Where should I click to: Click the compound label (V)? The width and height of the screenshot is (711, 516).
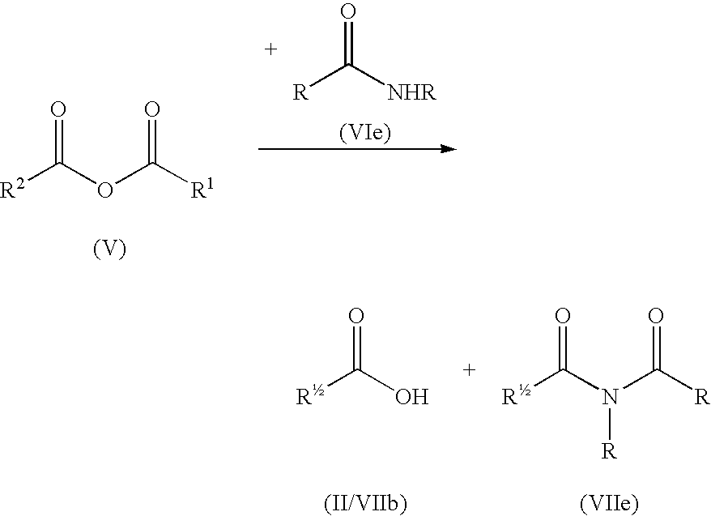pyautogui.click(x=109, y=249)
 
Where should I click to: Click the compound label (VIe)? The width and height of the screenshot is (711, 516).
pyautogui.click(x=365, y=133)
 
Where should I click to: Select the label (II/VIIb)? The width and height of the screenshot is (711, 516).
pyautogui.click(x=365, y=503)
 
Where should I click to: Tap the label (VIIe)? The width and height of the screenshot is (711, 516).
pyautogui.click(x=609, y=503)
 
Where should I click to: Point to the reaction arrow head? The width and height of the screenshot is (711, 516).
pyautogui.click(x=449, y=149)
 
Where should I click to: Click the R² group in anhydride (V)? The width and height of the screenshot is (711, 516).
pyautogui.click(x=13, y=189)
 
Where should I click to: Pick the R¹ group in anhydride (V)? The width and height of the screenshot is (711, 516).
pyautogui.click(x=202, y=189)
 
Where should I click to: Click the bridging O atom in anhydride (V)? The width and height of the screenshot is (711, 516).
pyautogui.click(x=105, y=190)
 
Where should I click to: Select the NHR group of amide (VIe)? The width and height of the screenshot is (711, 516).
pyautogui.click(x=411, y=92)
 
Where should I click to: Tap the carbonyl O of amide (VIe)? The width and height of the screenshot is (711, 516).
pyautogui.click(x=347, y=12)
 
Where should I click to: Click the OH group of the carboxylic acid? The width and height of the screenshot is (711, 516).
pyautogui.click(x=411, y=397)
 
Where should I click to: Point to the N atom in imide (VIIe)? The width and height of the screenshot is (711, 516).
pyautogui.click(x=610, y=397)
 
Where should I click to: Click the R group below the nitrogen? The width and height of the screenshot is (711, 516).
pyautogui.click(x=609, y=451)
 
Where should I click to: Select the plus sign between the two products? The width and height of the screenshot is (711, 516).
pyautogui.click(x=470, y=370)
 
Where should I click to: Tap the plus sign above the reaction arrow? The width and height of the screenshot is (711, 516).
pyautogui.click(x=270, y=49)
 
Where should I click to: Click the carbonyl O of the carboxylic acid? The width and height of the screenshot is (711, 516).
pyautogui.click(x=356, y=316)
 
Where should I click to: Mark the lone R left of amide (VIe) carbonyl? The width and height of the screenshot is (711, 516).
pyautogui.click(x=300, y=92)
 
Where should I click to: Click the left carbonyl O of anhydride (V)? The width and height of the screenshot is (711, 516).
pyautogui.click(x=58, y=109)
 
